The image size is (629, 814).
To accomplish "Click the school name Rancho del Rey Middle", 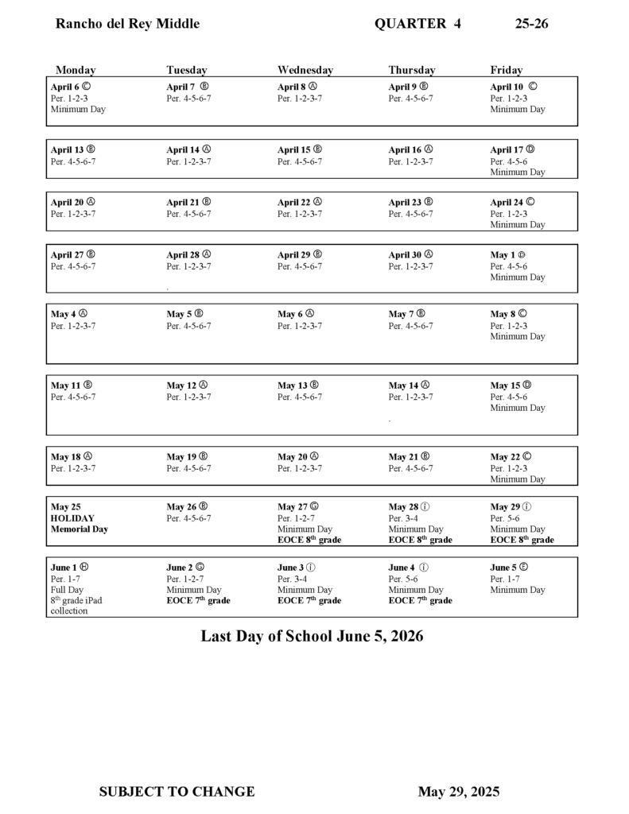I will coord(127,24).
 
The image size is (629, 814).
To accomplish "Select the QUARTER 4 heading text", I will coord(417,24).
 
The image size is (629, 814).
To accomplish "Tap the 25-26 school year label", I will coord(531,24).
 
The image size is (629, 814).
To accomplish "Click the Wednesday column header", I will coord(305,70).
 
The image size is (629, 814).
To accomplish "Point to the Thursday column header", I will coord(412,70).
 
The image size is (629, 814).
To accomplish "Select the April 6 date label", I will coord(65,87).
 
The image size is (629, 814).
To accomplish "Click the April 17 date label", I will coord(507,149).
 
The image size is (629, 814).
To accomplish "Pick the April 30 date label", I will coord(405,255).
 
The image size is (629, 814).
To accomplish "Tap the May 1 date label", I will coord(502,255).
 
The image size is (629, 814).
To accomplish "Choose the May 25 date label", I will coord(66,506).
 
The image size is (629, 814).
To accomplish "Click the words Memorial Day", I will coord(80,529).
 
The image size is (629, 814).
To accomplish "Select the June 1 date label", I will coord(64,568).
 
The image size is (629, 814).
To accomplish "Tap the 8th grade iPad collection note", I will coord(76,606).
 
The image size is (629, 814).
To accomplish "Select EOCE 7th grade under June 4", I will coord(420,601).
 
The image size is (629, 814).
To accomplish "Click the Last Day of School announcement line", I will coord(312,637).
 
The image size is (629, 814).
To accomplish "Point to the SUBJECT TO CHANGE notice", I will coord(177,792).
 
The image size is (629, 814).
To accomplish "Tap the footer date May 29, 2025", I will coord(459,792).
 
